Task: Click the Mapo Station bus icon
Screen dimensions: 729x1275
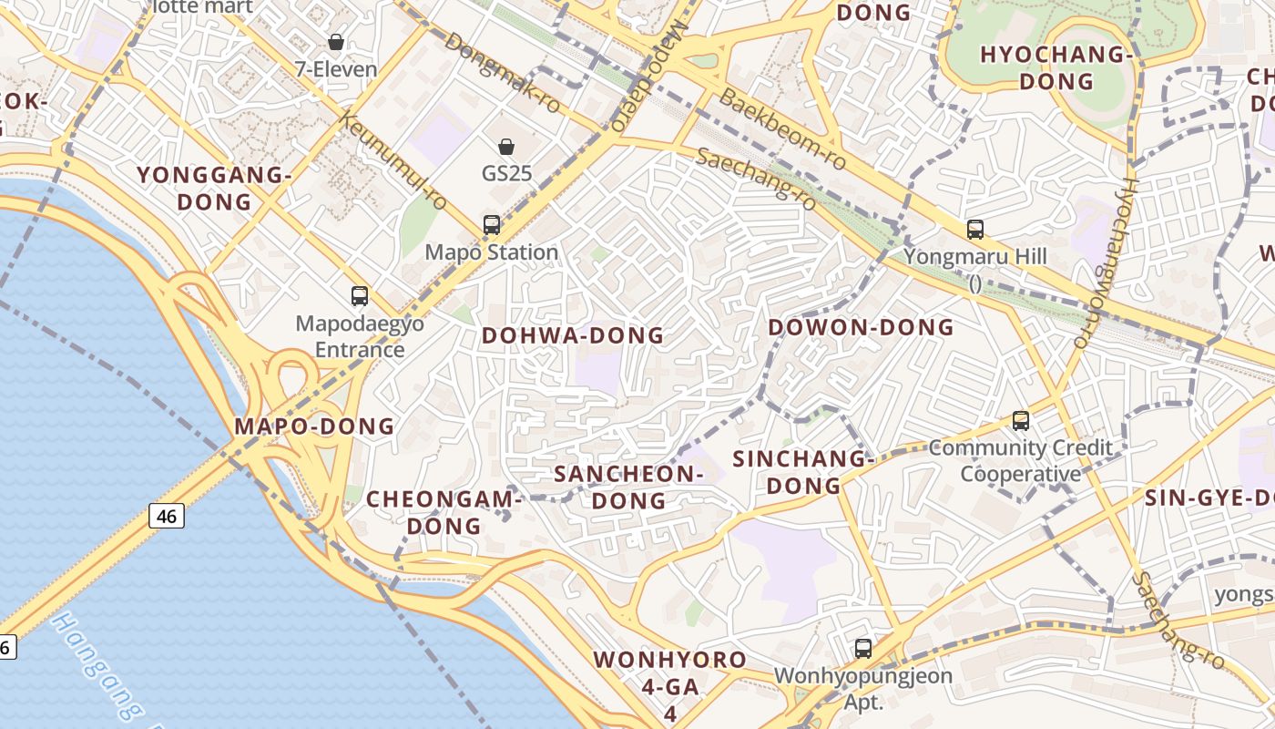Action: pyautogui.click(x=492, y=224)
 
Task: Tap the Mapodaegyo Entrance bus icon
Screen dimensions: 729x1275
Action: pyautogui.click(x=360, y=295)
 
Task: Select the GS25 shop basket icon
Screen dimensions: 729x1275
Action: pyautogui.click(x=506, y=146)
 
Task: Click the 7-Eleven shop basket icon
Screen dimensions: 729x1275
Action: pyautogui.click(x=336, y=42)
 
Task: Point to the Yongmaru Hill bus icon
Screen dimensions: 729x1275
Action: pyautogui.click(x=975, y=229)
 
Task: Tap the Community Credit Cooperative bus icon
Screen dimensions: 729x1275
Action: pyautogui.click(x=1021, y=420)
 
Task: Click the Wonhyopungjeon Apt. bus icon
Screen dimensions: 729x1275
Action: pyautogui.click(x=862, y=649)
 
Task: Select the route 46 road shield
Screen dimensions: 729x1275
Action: pyautogui.click(x=167, y=516)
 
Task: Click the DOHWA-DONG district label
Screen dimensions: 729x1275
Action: pyautogui.click(x=573, y=335)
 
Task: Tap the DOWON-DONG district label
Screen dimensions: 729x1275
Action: pyautogui.click(x=861, y=327)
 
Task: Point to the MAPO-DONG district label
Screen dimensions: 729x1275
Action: pyautogui.click(x=314, y=426)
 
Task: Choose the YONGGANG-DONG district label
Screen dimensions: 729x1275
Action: pyautogui.click(x=215, y=188)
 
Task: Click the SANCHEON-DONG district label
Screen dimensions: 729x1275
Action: pyautogui.click(x=629, y=487)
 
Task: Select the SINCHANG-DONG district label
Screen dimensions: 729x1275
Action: pyautogui.click(x=803, y=472)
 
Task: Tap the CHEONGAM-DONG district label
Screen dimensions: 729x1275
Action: pyautogui.click(x=444, y=512)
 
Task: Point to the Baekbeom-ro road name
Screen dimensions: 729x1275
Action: pyautogui.click(x=781, y=128)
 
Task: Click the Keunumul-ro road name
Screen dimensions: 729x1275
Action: pyautogui.click(x=392, y=160)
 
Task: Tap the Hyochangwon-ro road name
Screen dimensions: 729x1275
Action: pyautogui.click(x=1103, y=262)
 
